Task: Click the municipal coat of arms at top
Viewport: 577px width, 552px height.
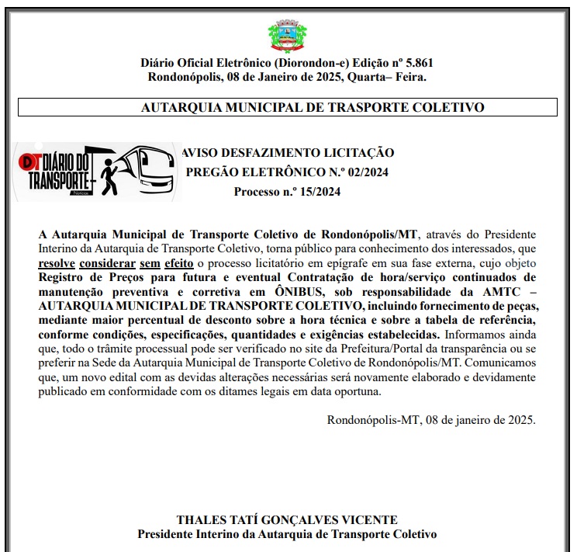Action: pyautogui.click(x=287, y=35)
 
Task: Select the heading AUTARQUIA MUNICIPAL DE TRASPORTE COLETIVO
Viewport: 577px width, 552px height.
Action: pyautogui.click(x=313, y=108)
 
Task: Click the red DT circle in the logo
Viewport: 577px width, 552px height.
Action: pyautogui.click(x=29, y=162)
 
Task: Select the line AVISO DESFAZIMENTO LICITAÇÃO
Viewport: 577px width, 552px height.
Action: pyautogui.click(x=287, y=153)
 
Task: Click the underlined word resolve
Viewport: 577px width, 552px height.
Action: pyautogui.click(x=57, y=262)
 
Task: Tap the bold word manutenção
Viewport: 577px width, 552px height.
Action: pyautogui.click(x=75, y=290)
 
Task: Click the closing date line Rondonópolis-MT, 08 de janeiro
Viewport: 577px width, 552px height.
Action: pyautogui.click(x=430, y=420)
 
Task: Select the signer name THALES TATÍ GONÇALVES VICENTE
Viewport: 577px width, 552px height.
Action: pyautogui.click(x=287, y=519)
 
